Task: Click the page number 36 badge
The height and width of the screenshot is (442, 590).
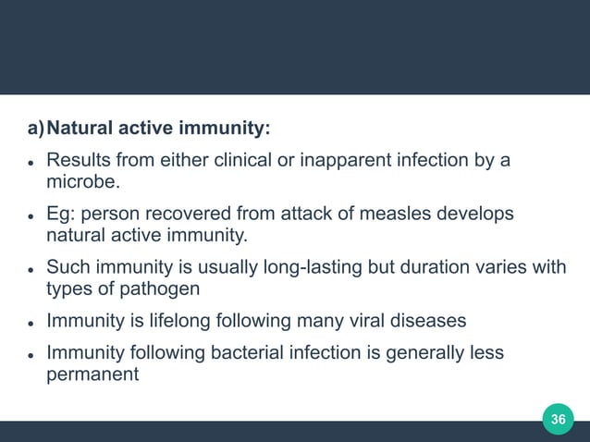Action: click(558, 420)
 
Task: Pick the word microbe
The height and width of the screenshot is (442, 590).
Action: click(80, 181)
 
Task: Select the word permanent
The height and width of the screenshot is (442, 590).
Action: click(91, 375)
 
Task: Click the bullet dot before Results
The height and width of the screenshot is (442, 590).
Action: click(31, 163)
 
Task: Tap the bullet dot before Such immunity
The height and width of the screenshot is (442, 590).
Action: click(31, 270)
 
